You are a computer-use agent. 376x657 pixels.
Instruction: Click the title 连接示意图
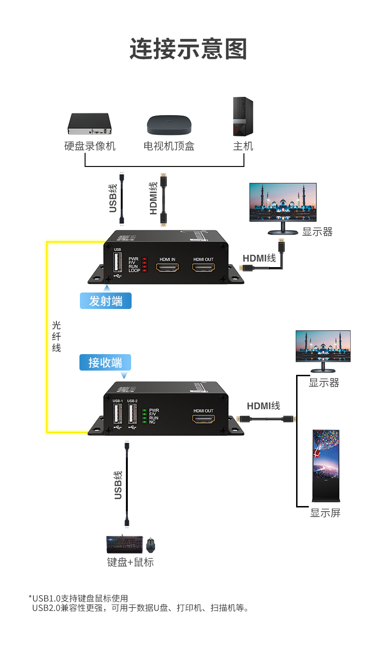[x=188, y=49]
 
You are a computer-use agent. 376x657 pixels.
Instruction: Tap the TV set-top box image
[x=169, y=125]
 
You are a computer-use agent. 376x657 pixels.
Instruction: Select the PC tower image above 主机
[x=243, y=117]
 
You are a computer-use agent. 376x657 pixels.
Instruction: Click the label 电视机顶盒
[x=169, y=146]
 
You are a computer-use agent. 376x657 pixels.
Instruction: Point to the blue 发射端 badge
[x=106, y=301]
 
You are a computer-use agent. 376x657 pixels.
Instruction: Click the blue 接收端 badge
[x=105, y=363]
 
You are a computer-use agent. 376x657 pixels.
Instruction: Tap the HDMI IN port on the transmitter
[x=167, y=268]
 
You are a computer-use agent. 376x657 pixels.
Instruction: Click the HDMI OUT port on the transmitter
[x=203, y=268]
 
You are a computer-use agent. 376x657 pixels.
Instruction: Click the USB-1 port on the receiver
[x=117, y=414]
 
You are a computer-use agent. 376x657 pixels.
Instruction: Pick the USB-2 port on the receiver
[x=132, y=414]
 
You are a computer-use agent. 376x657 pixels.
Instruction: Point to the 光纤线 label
[x=56, y=337]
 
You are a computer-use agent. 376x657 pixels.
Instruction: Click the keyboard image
[x=125, y=545]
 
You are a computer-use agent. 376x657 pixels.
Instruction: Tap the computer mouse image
[x=150, y=546]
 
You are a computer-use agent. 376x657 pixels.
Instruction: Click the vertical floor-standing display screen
[x=326, y=466]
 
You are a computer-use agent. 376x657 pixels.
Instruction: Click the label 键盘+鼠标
[x=130, y=562]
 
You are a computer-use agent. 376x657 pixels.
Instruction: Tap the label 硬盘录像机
[x=90, y=146]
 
